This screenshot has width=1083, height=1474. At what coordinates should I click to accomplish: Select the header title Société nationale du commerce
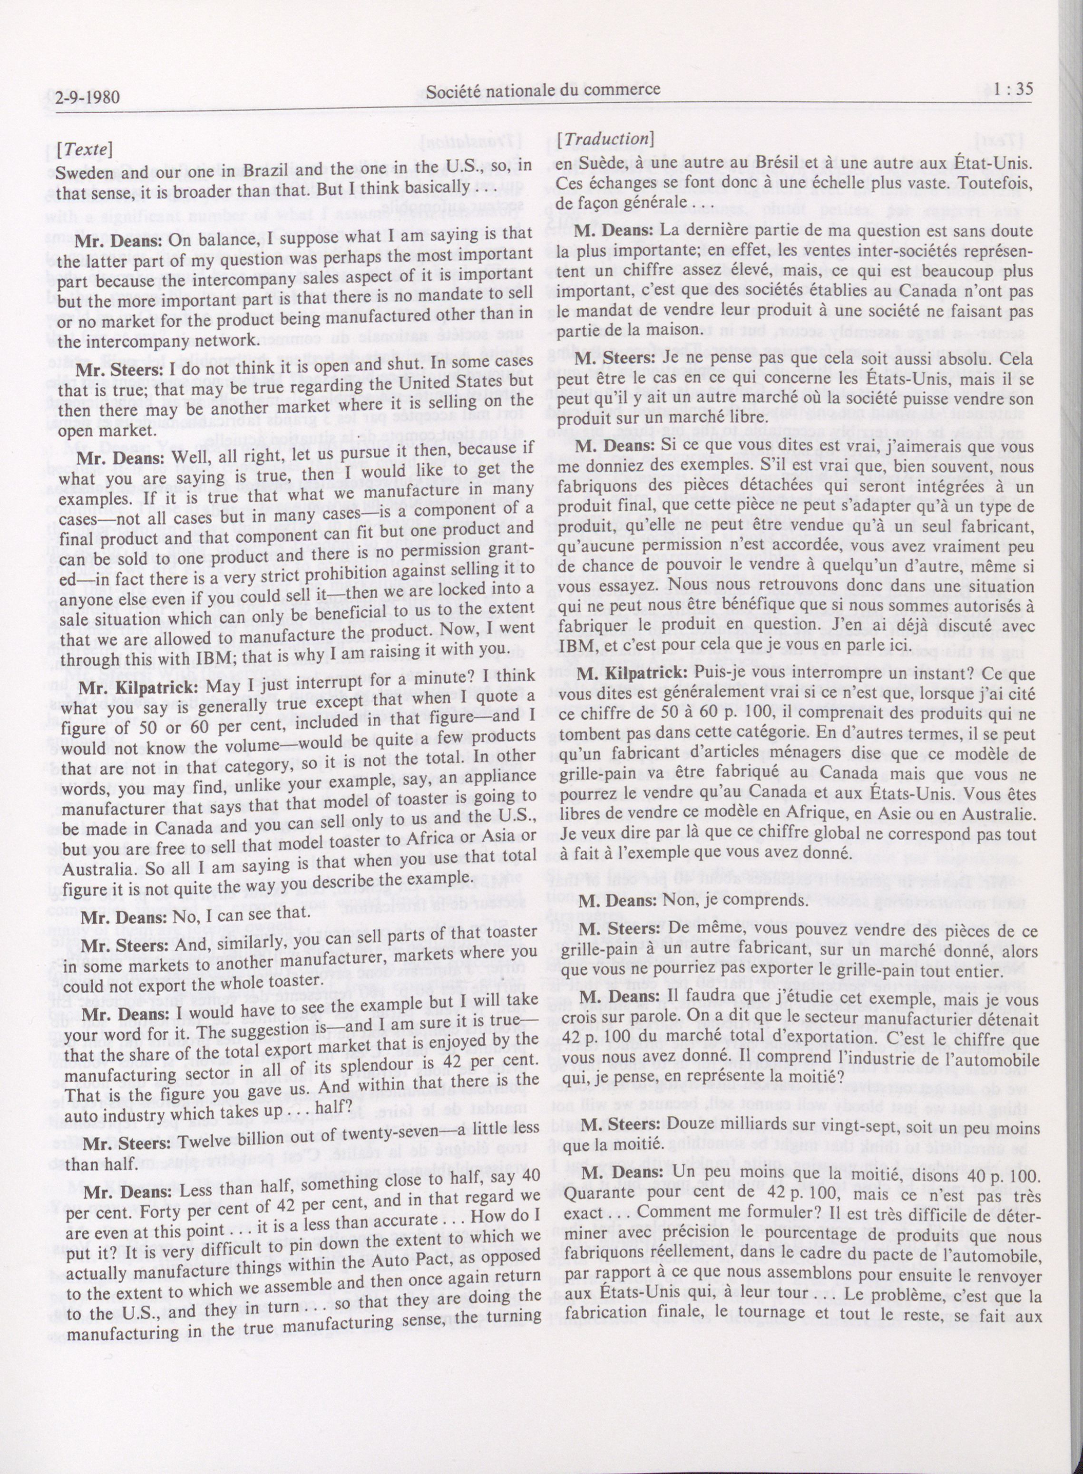pos(543,92)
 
